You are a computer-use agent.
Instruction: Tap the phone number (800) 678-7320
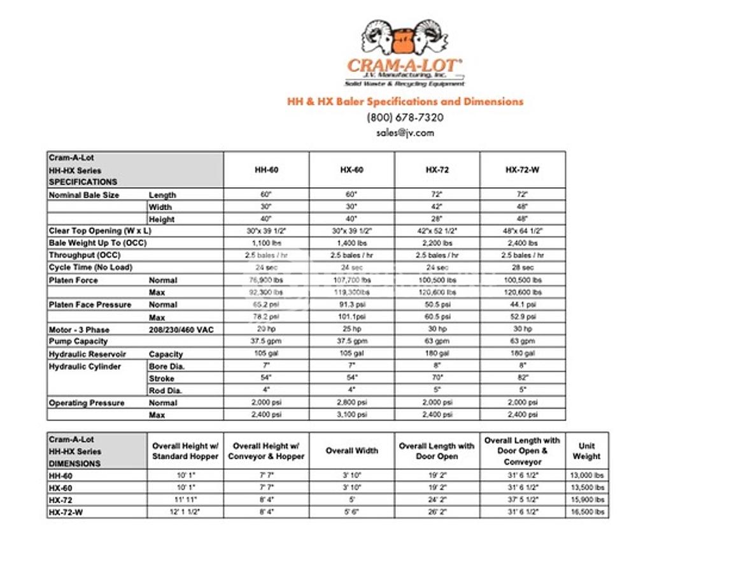click(405, 117)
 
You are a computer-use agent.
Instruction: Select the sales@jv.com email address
click(405, 133)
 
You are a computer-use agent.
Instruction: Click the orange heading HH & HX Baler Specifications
click(405, 101)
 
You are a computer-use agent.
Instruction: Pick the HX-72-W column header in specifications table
click(523, 170)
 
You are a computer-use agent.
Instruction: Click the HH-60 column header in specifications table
click(266, 170)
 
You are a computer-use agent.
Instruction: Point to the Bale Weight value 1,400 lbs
click(351, 243)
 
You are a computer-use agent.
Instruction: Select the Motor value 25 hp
click(351, 329)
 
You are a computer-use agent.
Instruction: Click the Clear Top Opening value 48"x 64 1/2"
click(523, 231)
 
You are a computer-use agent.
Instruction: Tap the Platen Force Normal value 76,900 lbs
click(266, 280)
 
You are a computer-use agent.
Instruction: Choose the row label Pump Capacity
click(78, 341)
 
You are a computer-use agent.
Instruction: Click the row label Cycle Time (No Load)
click(90, 267)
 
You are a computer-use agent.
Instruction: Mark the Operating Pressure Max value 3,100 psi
click(351, 415)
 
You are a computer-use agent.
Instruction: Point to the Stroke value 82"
click(523, 378)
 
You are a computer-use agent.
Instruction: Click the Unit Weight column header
click(586, 451)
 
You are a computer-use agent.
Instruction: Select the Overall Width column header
click(351, 451)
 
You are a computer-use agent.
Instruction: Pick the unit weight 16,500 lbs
click(586, 512)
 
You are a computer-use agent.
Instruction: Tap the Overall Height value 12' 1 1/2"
click(185, 512)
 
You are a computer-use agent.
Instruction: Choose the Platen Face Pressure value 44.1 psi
click(523, 305)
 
